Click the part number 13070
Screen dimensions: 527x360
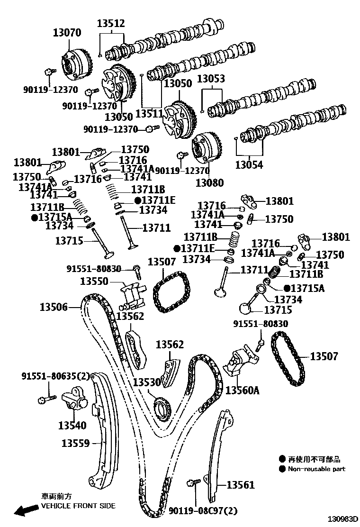pyautogui.click(x=67, y=33)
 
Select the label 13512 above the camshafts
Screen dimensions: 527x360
pyautogui.click(x=111, y=23)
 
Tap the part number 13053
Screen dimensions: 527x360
pyautogui.click(x=211, y=79)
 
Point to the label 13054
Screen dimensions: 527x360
pyautogui.click(x=250, y=165)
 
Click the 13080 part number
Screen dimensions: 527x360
pyautogui.click(x=210, y=182)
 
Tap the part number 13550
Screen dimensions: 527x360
pyautogui.click(x=95, y=281)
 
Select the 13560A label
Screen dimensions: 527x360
pyautogui.click(x=243, y=390)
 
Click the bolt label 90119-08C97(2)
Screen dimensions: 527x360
pyautogui.click(x=203, y=511)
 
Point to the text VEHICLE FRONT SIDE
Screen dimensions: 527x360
pyautogui.click(x=78, y=506)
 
